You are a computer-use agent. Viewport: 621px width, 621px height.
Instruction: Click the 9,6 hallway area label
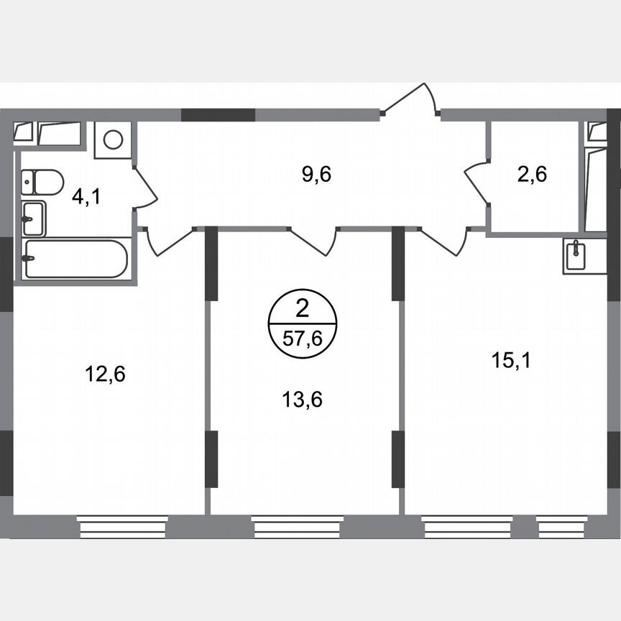click(x=316, y=175)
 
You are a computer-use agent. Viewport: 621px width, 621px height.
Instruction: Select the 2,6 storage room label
click(x=532, y=175)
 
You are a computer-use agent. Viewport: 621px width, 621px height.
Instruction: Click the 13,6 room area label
click(x=302, y=399)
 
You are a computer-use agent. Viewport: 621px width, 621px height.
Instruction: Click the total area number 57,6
click(x=302, y=339)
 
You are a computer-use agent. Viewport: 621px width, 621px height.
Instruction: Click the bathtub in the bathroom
click(x=75, y=259)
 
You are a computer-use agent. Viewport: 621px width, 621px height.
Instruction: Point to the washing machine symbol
click(x=114, y=139)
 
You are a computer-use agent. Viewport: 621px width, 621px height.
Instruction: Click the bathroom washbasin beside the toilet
click(x=33, y=218)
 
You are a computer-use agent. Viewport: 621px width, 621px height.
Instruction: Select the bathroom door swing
click(x=145, y=188)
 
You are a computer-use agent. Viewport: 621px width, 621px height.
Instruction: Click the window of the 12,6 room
click(x=122, y=529)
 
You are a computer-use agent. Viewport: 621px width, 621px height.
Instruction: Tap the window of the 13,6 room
click(x=297, y=529)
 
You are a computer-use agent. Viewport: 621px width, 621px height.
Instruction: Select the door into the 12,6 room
click(x=170, y=242)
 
